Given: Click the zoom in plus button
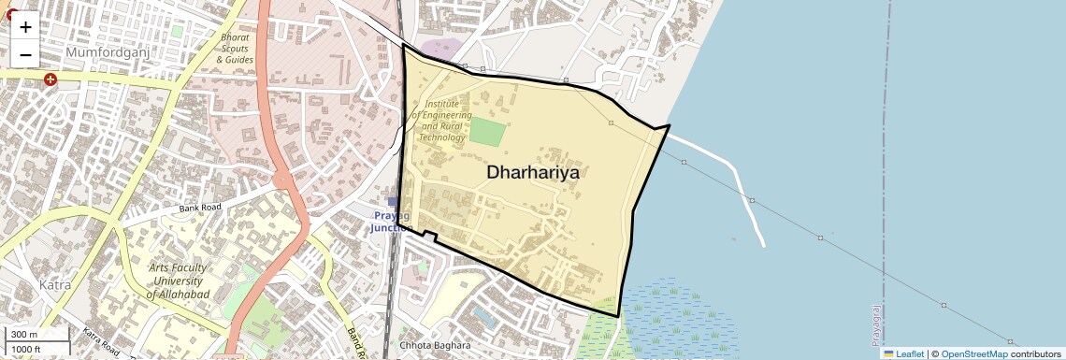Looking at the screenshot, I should pyautogui.click(x=25, y=27).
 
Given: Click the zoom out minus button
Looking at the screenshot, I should pyautogui.click(x=25, y=55).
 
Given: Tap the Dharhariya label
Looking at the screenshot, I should pyautogui.click(x=533, y=173).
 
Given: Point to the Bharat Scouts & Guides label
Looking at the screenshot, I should pyautogui.click(x=235, y=48).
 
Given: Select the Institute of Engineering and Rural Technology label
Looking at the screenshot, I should pyautogui.click(x=443, y=120).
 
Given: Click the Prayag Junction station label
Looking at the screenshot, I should pyautogui.click(x=393, y=222).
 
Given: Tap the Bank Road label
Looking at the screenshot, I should pyautogui.click(x=200, y=207).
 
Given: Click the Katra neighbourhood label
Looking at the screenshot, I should pyautogui.click(x=55, y=284).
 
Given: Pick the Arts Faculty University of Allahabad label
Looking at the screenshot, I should pyautogui.click(x=178, y=281).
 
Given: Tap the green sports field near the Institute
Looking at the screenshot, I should pyautogui.click(x=486, y=131).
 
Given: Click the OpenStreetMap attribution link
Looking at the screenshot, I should pyautogui.click(x=974, y=353).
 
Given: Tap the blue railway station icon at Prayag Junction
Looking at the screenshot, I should pyautogui.click(x=393, y=201).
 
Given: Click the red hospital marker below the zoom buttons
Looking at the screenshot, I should pyautogui.click(x=50, y=80).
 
